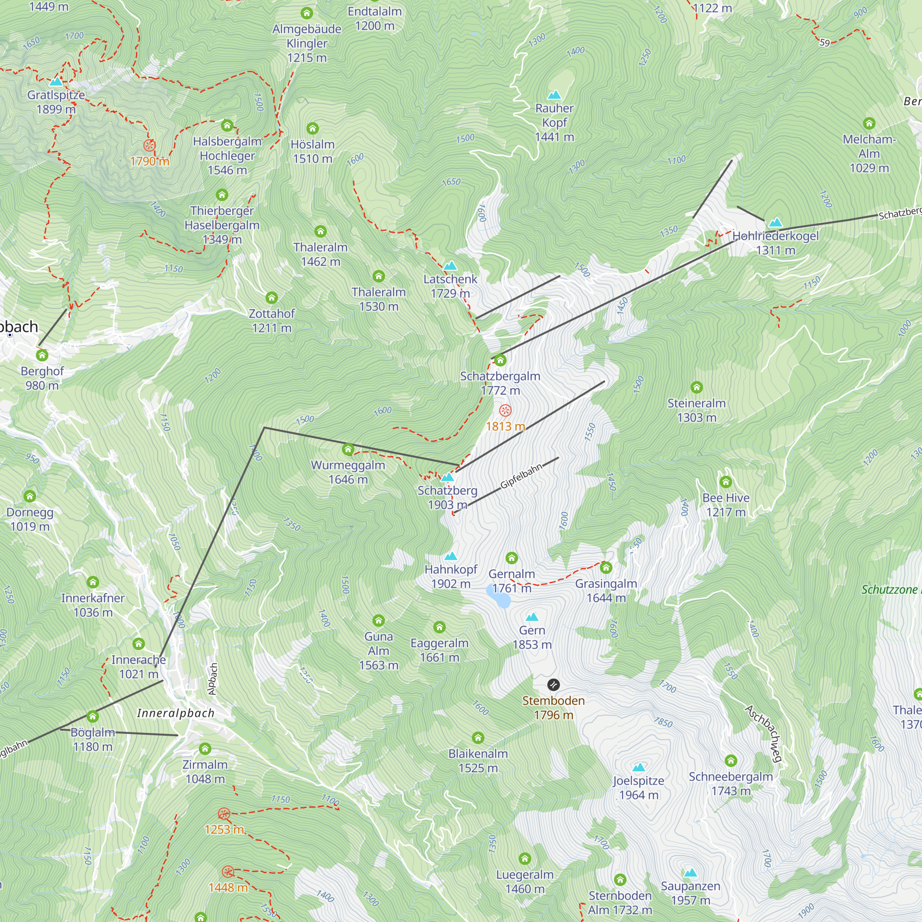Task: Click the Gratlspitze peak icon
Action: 56,82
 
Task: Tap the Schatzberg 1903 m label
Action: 447,497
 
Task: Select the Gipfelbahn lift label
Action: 520,476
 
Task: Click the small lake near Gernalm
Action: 498,596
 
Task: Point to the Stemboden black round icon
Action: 553,685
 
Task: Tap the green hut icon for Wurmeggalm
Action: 348,449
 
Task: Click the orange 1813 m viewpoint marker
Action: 505,410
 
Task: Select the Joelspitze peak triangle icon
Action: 638,768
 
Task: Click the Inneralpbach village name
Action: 176,713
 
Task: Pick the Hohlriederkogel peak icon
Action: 775,222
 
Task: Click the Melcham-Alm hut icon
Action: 869,124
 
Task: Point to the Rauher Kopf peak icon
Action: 554,95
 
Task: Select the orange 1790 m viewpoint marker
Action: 149,146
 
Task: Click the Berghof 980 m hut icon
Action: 42,355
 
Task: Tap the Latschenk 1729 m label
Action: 450,286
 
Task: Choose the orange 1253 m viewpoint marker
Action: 224,814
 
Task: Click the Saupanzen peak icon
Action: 690,873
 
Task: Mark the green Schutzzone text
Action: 890,589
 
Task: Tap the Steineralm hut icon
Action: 696,387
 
